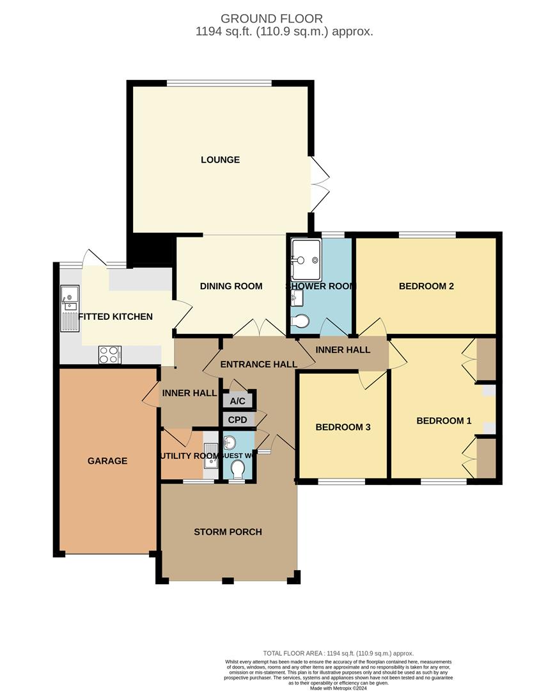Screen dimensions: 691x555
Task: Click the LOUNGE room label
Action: [x=220, y=160]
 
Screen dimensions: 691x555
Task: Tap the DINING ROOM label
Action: [x=231, y=286]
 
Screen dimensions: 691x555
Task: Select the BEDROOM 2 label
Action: [x=426, y=286]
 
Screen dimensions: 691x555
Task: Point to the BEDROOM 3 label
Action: [x=342, y=427]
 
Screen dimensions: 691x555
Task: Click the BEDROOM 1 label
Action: [x=444, y=420]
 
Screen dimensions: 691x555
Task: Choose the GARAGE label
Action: [x=107, y=461]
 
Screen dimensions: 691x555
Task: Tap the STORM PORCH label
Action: [x=228, y=532]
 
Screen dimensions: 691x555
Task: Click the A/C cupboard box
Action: [x=237, y=401]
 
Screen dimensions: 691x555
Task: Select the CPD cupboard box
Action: [x=237, y=420]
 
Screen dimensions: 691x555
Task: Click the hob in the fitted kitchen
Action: [x=110, y=354]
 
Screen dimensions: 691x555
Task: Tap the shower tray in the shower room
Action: [x=306, y=260]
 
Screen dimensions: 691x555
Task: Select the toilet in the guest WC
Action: [x=237, y=471]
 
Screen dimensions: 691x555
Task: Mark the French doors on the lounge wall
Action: [x=319, y=184]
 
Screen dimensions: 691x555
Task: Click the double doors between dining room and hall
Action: [x=259, y=328]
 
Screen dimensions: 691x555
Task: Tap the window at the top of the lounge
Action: [x=219, y=83]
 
